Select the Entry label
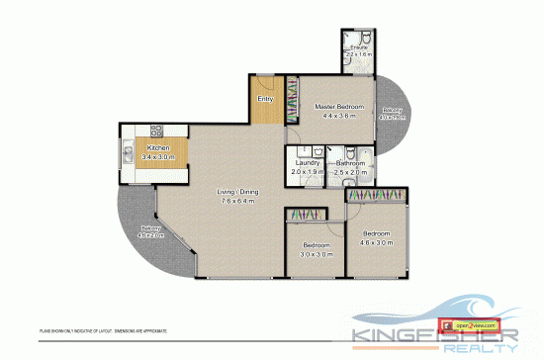pyautogui.click(x=264, y=99)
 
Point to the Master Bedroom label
pyautogui.click(x=339, y=107)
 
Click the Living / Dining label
pyautogui.click(x=237, y=192)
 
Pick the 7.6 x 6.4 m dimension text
pyautogui.click(x=237, y=201)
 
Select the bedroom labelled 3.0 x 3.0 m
pyautogui.click(x=316, y=248)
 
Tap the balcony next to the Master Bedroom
pyautogui.click(x=393, y=114)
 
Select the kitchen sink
pyautogui.click(x=128, y=153)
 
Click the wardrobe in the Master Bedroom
pyautogui.click(x=290, y=100)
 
